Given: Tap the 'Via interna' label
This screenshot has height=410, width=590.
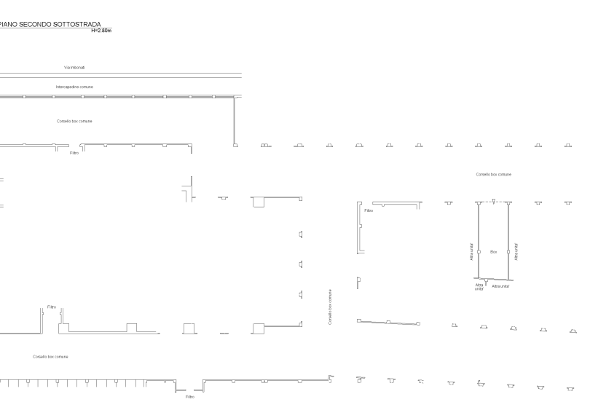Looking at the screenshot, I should click(74, 67).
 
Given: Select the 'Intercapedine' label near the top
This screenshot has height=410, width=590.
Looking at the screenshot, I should click(74, 87).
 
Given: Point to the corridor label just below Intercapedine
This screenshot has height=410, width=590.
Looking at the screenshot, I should click(74, 121).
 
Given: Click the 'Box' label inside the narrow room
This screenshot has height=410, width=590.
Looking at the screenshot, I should click(493, 251).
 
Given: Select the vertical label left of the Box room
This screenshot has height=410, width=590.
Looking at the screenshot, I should click(472, 251).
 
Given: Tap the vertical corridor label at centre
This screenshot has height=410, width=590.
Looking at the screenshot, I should click(330, 306).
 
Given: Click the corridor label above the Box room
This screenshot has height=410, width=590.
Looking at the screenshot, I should click(493, 175).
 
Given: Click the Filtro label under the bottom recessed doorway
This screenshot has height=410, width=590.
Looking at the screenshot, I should click(189, 397).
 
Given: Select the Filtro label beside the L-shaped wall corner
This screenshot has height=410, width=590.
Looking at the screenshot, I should click(369, 210).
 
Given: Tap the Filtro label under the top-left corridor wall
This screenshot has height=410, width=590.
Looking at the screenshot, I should click(74, 153).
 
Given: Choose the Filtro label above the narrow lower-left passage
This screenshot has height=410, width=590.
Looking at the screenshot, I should click(52, 307).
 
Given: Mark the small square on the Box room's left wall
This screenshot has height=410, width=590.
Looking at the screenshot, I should click(478, 251).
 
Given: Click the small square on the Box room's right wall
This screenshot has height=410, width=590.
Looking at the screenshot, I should click(508, 251).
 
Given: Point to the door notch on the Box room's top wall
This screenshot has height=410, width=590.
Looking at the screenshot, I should click(493, 201).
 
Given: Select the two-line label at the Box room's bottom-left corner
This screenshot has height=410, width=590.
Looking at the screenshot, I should click(479, 287).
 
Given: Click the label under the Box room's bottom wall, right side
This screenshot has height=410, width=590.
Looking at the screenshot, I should click(500, 286).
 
